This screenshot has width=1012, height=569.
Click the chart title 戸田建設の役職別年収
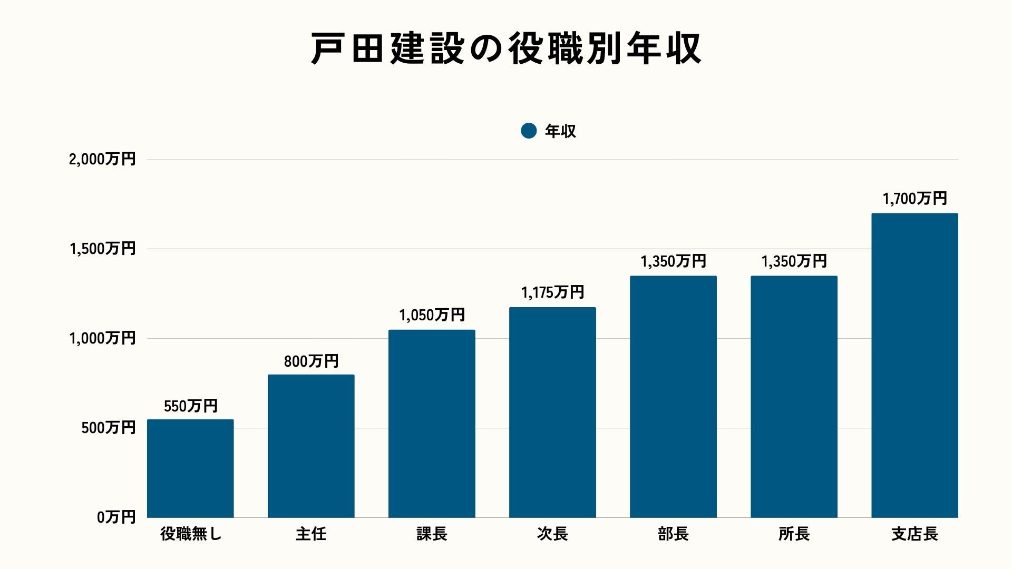point(506,49)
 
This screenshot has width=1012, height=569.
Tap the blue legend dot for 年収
point(528,131)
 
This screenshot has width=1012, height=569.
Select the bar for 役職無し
point(190,468)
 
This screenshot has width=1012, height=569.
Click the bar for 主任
point(311,446)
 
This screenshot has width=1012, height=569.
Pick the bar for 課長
point(432,424)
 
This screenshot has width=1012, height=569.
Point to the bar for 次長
point(552,412)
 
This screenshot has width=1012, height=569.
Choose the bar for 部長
point(673,396)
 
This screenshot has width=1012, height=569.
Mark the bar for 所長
point(794,396)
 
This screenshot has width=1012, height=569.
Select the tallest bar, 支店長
point(914,365)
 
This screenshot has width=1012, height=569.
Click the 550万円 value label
point(190,406)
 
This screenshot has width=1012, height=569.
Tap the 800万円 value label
point(311,361)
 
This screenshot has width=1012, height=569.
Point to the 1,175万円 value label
point(552,292)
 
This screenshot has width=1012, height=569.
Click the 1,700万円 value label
point(914,199)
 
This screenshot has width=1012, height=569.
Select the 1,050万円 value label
point(432,315)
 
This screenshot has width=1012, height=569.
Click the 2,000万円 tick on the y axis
point(102,159)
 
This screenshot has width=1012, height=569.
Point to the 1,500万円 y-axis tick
point(103,249)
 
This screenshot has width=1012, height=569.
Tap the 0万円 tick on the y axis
point(116,517)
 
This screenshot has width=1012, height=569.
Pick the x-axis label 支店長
point(914,534)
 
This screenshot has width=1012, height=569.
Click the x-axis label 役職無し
point(191,534)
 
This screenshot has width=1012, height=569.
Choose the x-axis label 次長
point(552,534)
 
